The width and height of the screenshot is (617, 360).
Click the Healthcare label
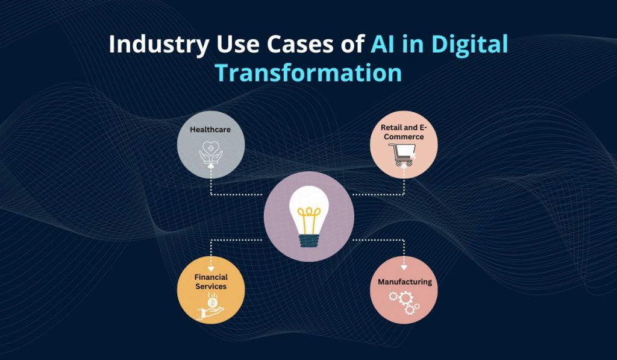(210, 129)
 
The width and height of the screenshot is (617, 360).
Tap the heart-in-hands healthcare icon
(211, 153)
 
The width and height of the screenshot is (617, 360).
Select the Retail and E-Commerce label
(402, 132)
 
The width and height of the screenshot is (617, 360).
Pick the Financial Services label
(211, 282)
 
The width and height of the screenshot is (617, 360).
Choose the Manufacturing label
(404, 282)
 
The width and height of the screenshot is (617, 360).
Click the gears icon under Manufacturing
(404, 303)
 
